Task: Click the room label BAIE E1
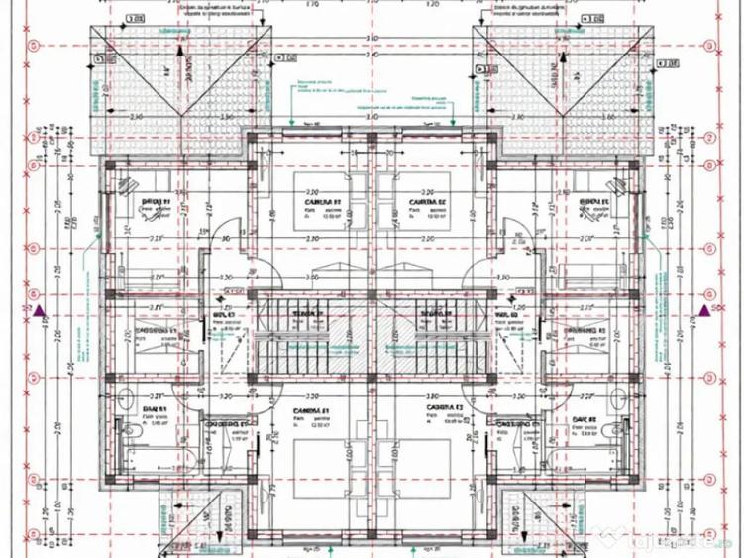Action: (x=156, y=408)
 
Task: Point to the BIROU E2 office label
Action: (x=591, y=202)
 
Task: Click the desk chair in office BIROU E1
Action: (x=125, y=184)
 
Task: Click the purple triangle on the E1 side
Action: (x=38, y=310)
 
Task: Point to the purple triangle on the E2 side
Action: (x=706, y=310)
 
